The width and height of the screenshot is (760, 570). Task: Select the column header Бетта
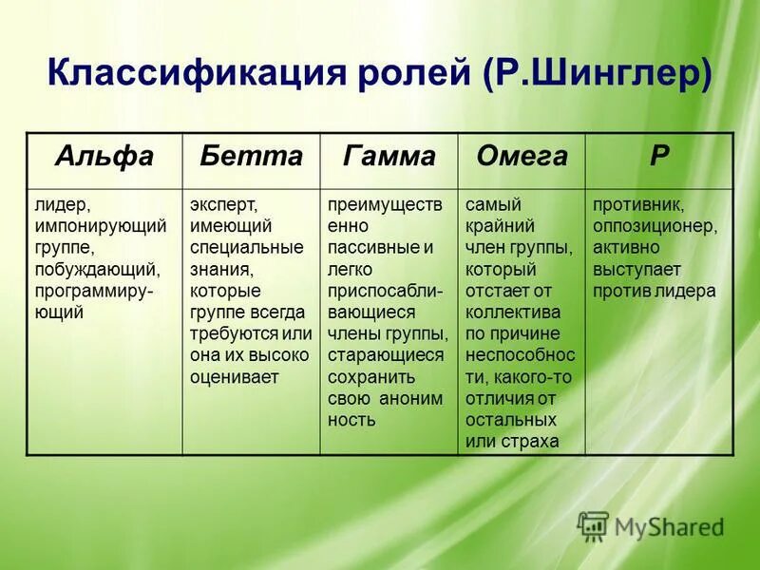251,158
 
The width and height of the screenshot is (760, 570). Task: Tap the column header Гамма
389,158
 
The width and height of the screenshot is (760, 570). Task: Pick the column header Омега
522,158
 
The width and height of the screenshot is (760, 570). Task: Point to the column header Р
658,158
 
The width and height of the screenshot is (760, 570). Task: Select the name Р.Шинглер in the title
596,73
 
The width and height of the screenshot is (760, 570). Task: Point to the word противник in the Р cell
638,205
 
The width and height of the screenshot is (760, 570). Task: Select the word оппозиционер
655,227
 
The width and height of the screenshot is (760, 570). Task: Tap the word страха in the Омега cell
525,441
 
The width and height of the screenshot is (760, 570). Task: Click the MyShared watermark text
669,526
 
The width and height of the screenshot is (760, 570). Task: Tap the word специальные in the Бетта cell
245,248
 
